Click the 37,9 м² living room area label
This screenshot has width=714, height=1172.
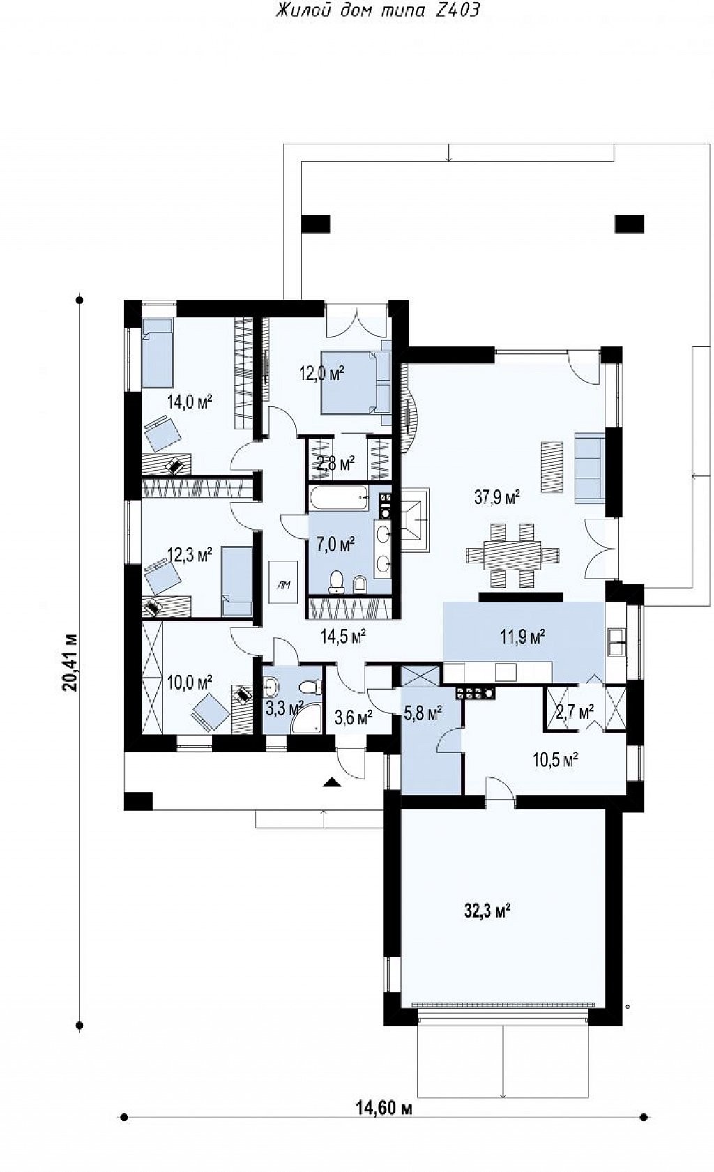[x=497, y=497]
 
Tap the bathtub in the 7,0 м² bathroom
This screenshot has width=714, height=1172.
[x=339, y=499]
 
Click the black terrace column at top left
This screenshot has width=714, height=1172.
[x=316, y=224]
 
